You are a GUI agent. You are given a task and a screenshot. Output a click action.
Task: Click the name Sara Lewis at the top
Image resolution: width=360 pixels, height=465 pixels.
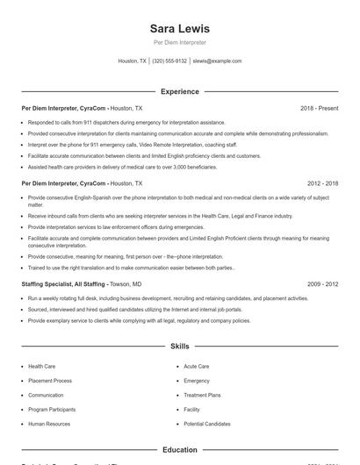[x=180, y=28]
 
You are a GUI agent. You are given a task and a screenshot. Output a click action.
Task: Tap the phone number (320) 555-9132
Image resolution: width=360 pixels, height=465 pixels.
[x=169, y=61]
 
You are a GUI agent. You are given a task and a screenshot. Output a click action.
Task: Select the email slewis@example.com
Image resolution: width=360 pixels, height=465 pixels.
[x=217, y=61]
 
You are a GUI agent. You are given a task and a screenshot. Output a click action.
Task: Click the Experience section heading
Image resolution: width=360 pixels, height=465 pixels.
[x=180, y=91]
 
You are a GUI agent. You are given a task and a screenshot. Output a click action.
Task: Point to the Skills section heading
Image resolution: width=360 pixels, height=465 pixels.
[x=180, y=347]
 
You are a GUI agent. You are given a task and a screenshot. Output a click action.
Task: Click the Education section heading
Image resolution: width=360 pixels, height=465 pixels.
[x=180, y=449]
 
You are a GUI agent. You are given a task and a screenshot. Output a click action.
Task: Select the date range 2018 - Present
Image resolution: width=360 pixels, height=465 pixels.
[x=319, y=108]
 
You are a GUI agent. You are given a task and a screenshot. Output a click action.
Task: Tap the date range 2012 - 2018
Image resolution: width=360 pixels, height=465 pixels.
[x=322, y=183]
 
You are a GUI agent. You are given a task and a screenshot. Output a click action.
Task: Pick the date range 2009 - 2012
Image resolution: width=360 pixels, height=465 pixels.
[x=322, y=284]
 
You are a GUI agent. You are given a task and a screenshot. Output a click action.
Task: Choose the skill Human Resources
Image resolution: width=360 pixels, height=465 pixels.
[x=49, y=424]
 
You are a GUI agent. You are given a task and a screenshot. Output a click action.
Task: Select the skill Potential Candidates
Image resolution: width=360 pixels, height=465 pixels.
[x=207, y=424]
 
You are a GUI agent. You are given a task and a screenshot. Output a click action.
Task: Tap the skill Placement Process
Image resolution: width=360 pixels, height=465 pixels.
[x=50, y=381]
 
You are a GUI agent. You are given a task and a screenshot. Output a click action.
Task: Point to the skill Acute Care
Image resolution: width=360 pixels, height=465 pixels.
[x=196, y=366]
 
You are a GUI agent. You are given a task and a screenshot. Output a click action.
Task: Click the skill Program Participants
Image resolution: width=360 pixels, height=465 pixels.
[x=53, y=410]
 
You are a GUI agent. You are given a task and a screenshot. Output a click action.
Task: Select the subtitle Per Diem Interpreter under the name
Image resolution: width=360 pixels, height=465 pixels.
[x=180, y=42]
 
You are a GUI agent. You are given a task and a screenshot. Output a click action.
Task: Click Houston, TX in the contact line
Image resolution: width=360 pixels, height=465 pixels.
[x=133, y=61]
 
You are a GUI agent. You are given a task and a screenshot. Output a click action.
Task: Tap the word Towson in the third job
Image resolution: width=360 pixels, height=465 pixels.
[x=120, y=284]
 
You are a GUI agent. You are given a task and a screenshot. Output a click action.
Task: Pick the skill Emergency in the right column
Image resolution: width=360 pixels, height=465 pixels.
[x=197, y=381]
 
